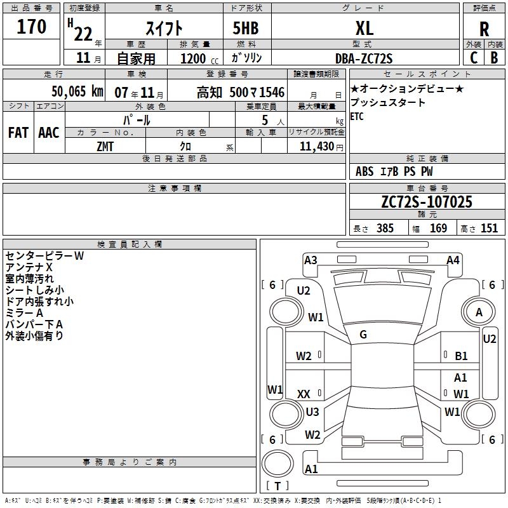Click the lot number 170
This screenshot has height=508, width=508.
tap(32, 27)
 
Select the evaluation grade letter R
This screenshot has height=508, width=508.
tap(484, 29)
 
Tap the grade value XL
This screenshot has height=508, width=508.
tap(364, 28)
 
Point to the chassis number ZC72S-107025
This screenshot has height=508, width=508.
tap(427, 203)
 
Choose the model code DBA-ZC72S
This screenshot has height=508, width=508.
tap(364, 58)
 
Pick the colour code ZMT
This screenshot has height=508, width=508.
tap(105, 146)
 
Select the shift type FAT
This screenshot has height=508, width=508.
tap(18, 133)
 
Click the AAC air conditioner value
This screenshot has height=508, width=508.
tap(48, 133)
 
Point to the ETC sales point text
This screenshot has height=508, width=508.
tap(357, 117)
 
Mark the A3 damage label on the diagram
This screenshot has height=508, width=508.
tap(311, 260)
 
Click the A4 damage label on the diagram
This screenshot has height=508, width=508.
tap(453, 260)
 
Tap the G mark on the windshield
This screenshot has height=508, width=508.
tap(363, 335)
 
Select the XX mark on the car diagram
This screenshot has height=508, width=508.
tap(304, 394)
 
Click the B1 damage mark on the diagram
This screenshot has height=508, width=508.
tap(462, 356)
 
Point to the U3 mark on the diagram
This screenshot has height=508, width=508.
tap(312, 412)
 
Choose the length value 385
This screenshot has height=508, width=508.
tap(385, 229)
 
